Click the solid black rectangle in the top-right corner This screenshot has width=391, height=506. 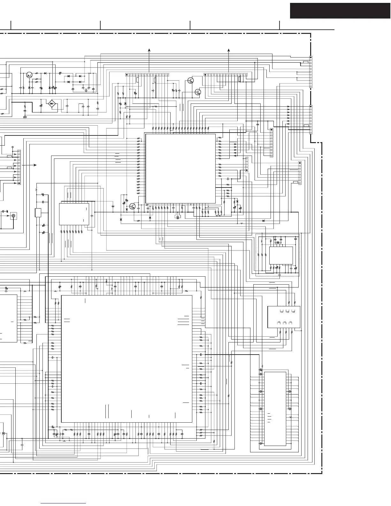click(x=340, y=11)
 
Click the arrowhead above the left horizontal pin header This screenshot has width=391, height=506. click(x=149, y=50)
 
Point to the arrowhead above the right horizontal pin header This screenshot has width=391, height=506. click(x=229, y=50)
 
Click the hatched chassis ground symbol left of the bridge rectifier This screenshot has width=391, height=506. click(x=25, y=117)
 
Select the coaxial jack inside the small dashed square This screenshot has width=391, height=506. click(x=13, y=216)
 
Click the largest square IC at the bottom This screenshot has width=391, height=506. click(x=126, y=358)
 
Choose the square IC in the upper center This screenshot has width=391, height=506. click(x=180, y=168)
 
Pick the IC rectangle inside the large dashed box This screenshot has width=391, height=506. click(x=281, y=256)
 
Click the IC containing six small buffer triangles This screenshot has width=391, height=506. click(x=284, y=317)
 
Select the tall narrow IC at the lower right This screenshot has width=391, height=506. click(x=275, y=409)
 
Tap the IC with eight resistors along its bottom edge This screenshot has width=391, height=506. click(x=74, y=214)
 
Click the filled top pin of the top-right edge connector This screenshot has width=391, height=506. click(x=311, y=56)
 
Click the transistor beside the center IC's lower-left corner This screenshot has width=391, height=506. click(x=132, y=206)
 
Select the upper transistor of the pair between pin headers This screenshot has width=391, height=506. click(x=191, y=80)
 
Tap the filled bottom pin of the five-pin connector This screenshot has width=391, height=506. click(x=247, y=170)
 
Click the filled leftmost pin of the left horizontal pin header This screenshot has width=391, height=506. click(x=126, y=75)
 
